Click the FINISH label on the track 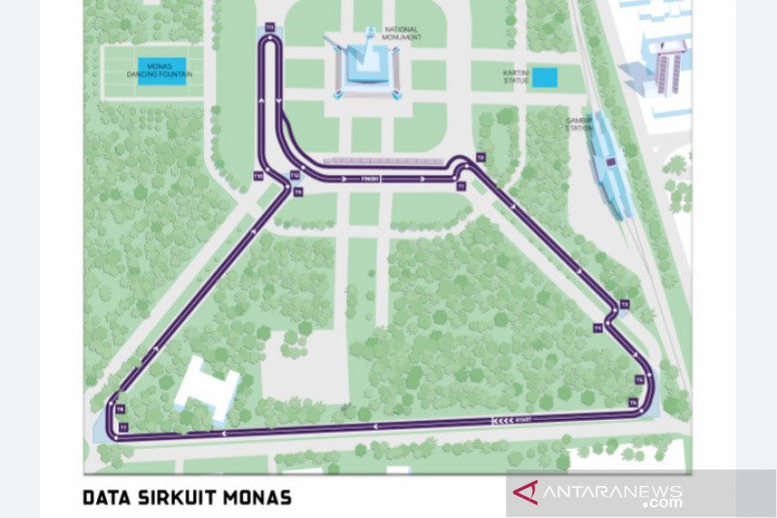coord(367,179)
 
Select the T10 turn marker coord(257,176)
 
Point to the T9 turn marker coord(298,192)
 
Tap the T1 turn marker coord(461,184)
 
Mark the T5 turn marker coord(638,378)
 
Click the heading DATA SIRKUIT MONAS coord(186,498)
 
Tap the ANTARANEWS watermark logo coord(613,494)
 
